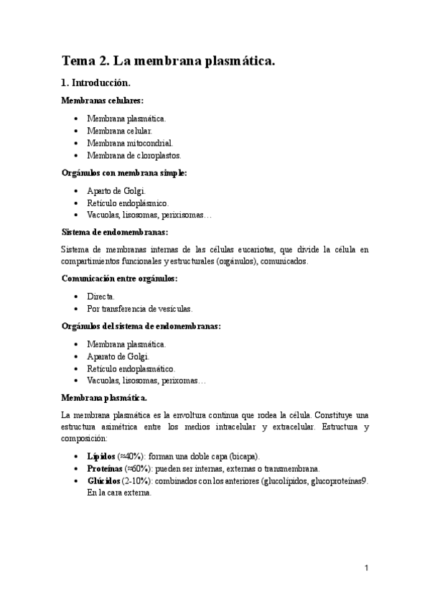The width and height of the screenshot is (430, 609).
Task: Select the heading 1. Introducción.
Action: click(x=95, y=83)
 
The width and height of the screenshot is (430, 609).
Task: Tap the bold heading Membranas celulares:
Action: click(x=102, y=101)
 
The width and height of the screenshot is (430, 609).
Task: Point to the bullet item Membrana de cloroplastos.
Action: click(x=134, y=155)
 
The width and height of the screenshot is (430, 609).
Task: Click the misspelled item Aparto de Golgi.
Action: click(x=116, y=191)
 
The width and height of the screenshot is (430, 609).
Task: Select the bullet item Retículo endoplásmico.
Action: click(x=128, y=203)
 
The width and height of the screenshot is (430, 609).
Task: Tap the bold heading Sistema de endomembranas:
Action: click(x=115, y=233)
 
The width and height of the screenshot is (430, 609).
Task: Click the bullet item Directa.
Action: click(x=101, y=296)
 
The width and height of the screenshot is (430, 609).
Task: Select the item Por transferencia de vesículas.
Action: click(x=140, y=309)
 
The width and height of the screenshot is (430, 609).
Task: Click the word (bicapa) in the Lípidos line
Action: click(x=246, y=456)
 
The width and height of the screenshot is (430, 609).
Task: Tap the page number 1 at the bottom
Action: click(x=366, y=568)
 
